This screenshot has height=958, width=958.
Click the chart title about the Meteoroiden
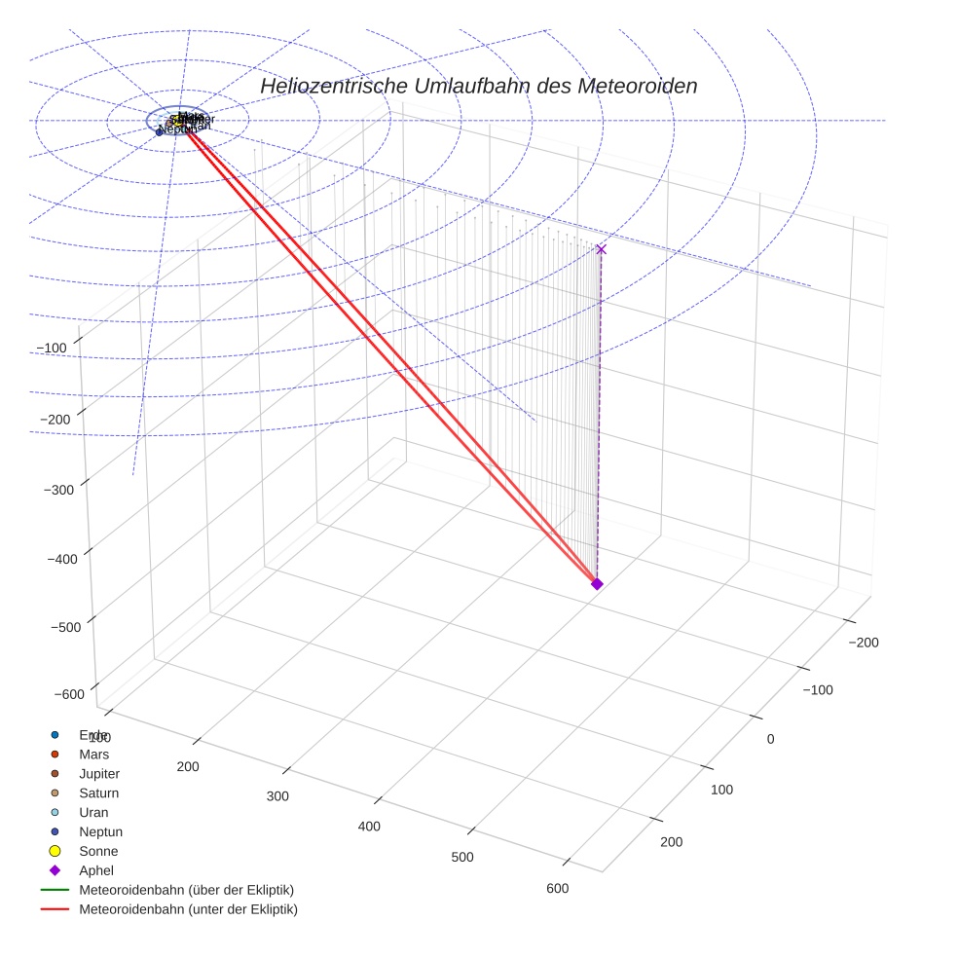pyautogui.click(x=478, y=86)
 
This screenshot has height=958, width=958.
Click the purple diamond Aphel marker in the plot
pyautogui.click(x=597, y=583)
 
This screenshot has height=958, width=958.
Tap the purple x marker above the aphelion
pyautogui.click(x=601, y=249)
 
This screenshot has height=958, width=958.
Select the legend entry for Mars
pyautogui.click(x=93, y=754)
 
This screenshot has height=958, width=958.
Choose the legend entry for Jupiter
pyautogui.click(x=99, y=773)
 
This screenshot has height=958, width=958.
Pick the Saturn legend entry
pyautogui.click(x=98, y=792)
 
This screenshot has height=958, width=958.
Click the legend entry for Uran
pyautogui.click(x=93, y=812)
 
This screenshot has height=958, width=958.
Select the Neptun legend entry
pyautogui.click(x=100, y=831)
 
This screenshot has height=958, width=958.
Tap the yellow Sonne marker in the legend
pyautogui.click(x=55, y=851)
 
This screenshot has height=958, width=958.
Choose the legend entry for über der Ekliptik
pyautogui.click(x=186, y=890)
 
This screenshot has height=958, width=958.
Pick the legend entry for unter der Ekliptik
pyautogui.click(x=188, y=909)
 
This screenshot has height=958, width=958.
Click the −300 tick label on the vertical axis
pyautogui.click(x=60, y=489)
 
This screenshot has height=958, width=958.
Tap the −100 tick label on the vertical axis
pyautogui.click(x=52, y=349)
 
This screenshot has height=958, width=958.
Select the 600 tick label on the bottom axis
pyautogui.click(x=557, y=888)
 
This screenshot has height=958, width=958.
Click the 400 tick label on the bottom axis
pyautogui.click(x=369, y=827)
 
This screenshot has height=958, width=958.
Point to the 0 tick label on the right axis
pyautogui.click(x=770, y=739)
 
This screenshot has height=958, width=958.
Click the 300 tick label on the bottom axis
pyautogui.click(x=277, y=796)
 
